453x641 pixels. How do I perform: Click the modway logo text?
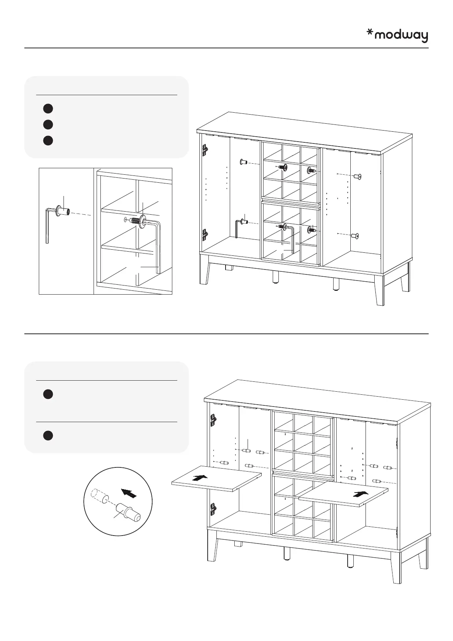click(x=401, y=36)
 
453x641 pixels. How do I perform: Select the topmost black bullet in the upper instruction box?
click(x=48, y=108)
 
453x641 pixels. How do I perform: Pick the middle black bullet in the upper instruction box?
click(x=48, y=124)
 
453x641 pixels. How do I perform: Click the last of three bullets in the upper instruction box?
click(x=48, y=140)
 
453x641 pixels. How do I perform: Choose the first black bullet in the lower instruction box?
click(x=48, y=394)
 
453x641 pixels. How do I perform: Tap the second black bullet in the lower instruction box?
click(x=48, y=435)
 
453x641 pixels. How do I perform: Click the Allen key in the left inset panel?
click(x=47, y=225)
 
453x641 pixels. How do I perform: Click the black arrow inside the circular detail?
click(x=129, y=493)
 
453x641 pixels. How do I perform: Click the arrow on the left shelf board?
click(x=200, y=477)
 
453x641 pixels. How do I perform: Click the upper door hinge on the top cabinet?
click(x=205, y=150)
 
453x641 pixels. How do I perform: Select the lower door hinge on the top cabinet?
click(x=205, y=234)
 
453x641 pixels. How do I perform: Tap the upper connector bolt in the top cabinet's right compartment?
click(x=357, y=177)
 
